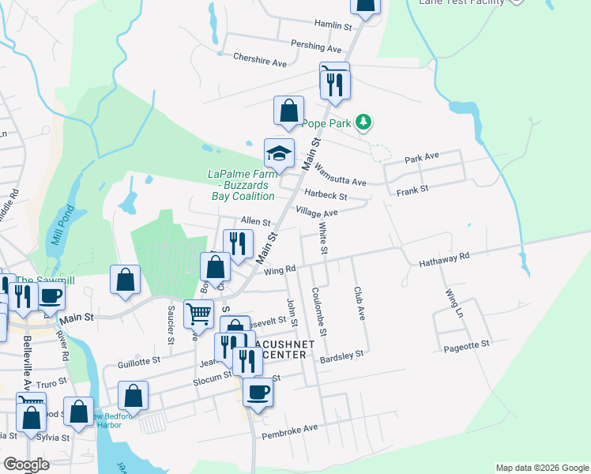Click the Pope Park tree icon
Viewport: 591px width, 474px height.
[363, 122]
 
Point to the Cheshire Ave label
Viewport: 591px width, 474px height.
[259, 58]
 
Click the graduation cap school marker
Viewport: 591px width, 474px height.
[279, 153]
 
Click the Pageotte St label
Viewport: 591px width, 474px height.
[466, 344]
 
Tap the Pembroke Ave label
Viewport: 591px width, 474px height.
[290, 428]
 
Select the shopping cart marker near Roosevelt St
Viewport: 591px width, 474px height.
[198, 314]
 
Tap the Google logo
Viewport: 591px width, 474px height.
[27, 465]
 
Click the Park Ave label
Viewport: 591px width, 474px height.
[421, 158]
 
